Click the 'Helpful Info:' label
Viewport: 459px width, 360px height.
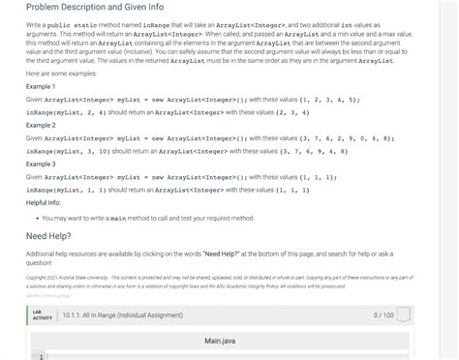coord(45,202)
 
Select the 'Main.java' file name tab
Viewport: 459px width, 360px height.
coord(221,342)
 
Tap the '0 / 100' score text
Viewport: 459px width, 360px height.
coord(382,315)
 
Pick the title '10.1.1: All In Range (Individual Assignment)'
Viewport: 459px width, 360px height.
coord(121,315)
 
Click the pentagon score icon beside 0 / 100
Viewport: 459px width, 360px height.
coord(404,315)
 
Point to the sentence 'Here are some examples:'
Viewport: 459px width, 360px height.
coord(60,74)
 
